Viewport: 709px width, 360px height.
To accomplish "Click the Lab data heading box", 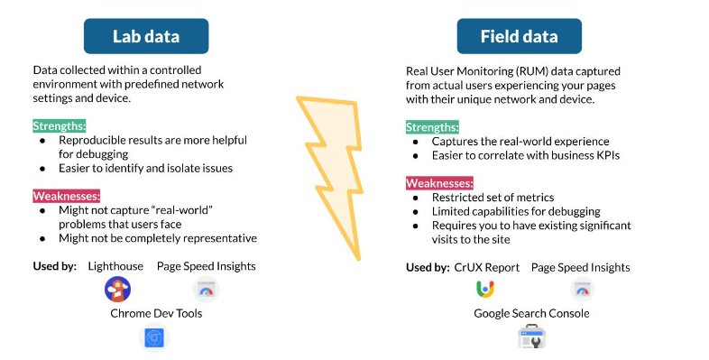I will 145,36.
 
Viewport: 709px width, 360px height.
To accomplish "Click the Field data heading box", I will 519,36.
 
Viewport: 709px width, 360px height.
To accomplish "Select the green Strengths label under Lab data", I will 60,125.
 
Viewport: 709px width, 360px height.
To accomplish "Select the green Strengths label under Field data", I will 432,127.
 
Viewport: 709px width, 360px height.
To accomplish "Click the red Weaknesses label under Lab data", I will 66,196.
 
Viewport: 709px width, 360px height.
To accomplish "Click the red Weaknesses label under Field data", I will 439,182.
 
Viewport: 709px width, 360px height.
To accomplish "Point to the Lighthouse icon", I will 116,290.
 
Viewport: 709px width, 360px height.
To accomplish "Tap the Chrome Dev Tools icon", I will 154,337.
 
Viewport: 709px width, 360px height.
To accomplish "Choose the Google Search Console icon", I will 531,337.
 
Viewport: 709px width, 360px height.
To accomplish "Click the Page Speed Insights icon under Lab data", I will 206,290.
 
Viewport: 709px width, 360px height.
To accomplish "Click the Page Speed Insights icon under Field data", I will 582,290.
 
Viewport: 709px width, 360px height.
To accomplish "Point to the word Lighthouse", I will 116,266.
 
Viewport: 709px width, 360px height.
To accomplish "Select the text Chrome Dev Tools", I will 154,313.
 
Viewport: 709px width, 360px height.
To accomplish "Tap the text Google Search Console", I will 531,313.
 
